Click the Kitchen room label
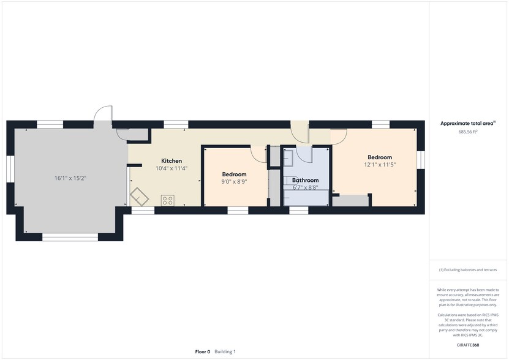click(x=172, y=160)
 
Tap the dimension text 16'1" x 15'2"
click(x=70, y=178)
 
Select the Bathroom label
click(x=306, y=180)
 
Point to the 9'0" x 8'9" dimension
click(x=235, y=182)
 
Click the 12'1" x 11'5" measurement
click(x=380, y=165)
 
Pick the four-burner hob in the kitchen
click(x=167, y=200)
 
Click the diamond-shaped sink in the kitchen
click(x=140, y=197)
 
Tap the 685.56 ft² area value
click(x=468, y=132)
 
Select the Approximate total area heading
click(x=468, y=123)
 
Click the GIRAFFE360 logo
click(x=468, y=345)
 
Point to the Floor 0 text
click(x=203, y=351)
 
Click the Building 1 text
click(x=225, y=351)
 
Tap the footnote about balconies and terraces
click(x=468, y=270)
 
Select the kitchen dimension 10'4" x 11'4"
click(x=172, y=168)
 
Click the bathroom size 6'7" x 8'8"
click(x=306, y=187)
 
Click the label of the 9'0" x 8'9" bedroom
click(x=235, y=174)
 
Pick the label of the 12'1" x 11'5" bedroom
click(x=380, y=157)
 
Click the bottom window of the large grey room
click(x=70, y=238)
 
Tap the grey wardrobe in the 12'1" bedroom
click(x=350, y=201)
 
